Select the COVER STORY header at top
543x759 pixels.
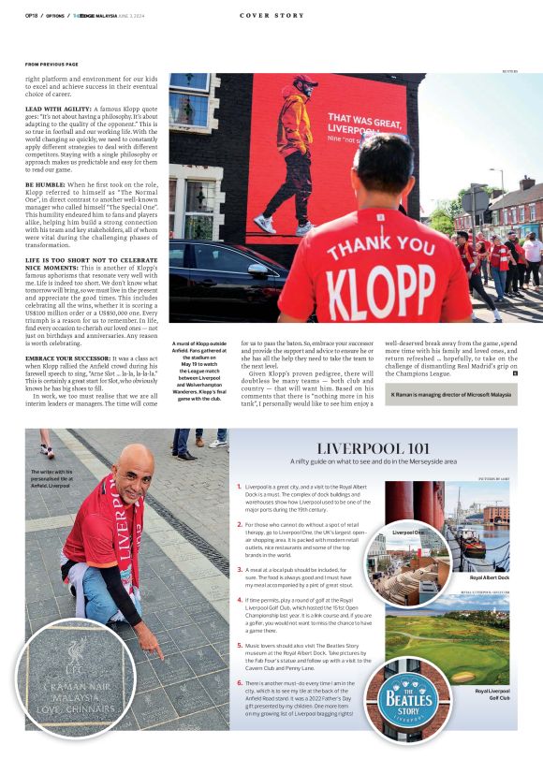[x=271, y=15]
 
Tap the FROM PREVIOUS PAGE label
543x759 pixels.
[x=51, y=65]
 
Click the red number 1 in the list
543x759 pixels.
[x=239, y=488]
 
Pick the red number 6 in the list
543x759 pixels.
[x=239, y=684]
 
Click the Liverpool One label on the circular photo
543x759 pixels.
[x=407, y=532]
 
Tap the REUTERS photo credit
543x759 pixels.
[x=508, y=69]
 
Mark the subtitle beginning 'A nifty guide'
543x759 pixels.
[x=373, y=461]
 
